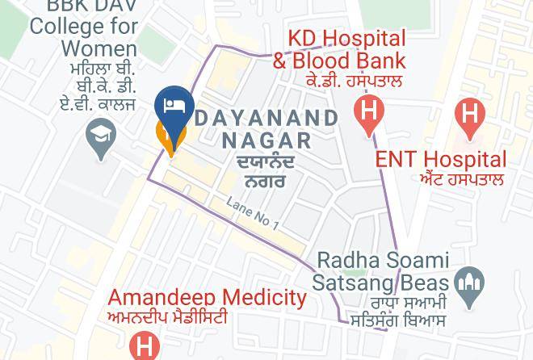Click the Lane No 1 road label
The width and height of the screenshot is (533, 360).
[253, 215]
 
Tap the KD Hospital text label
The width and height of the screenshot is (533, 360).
[347, 39]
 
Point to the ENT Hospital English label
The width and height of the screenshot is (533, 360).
[441, 159]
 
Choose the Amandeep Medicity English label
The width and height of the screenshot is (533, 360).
[208, 298]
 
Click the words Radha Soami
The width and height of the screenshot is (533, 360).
[382, 261]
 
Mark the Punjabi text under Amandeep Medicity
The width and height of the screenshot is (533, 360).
[167, 317]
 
